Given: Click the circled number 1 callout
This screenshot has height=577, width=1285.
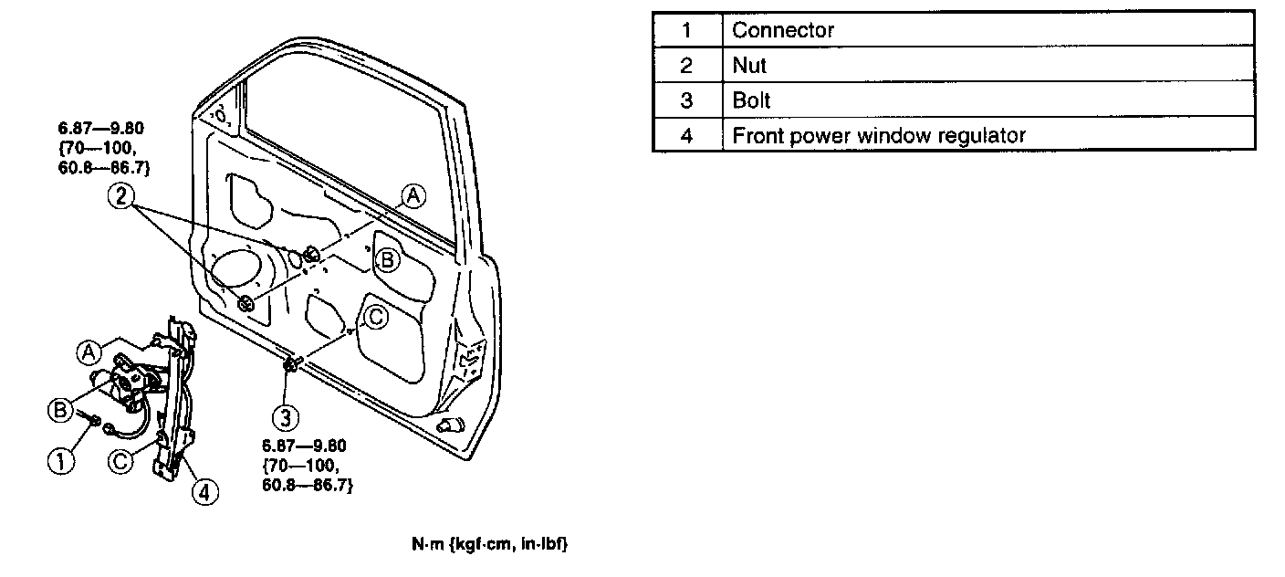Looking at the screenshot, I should [x=61, y=461].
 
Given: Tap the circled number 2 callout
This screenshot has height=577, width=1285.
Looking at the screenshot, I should [x=120, y=195].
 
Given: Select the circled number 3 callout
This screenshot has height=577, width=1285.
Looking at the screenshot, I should [x=287, y=417].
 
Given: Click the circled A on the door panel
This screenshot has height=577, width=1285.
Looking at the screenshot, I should [x=413, y=195].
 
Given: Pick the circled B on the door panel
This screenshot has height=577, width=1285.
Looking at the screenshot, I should [x=386, y=260].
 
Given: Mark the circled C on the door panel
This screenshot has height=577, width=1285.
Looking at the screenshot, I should [x=375, y=316].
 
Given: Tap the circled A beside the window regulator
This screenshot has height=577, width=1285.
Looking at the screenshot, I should [x=89, y=351].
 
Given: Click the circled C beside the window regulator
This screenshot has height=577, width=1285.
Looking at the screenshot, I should [x=120, y=461].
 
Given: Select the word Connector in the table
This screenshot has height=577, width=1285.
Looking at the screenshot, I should [x=783, y=30].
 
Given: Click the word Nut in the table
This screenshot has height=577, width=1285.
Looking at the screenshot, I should [x=749, y=66].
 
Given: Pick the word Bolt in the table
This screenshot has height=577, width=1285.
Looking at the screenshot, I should [x=752, y=100].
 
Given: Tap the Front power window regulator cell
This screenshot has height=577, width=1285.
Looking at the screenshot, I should [x=879, y=136].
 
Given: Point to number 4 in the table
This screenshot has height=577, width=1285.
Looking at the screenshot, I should [x=686, y=136].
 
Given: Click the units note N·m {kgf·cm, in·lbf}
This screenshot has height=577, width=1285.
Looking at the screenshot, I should [x=489, y=545].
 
